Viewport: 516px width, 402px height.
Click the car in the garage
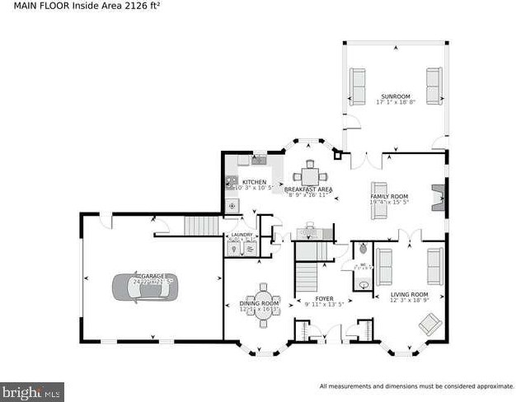pos(143,287)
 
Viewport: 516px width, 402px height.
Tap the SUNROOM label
pos(395,96)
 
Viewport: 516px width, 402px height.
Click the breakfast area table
pos(309,175)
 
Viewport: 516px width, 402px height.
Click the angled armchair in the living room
pos(430,324)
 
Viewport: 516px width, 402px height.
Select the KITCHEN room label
pos(254,182)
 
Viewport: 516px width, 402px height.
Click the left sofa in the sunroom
pos(357,86)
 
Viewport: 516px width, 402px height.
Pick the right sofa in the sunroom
pos(434,86)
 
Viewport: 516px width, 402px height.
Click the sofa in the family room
pos(379,200)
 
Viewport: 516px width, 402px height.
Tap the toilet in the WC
pos(363,249)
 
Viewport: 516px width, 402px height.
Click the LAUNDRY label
pos(241,235)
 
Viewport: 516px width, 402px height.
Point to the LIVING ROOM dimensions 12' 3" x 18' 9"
pos(409,301)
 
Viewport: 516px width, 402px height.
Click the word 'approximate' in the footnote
pos(489,386)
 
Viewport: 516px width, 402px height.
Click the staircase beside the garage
pos(202,225)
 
